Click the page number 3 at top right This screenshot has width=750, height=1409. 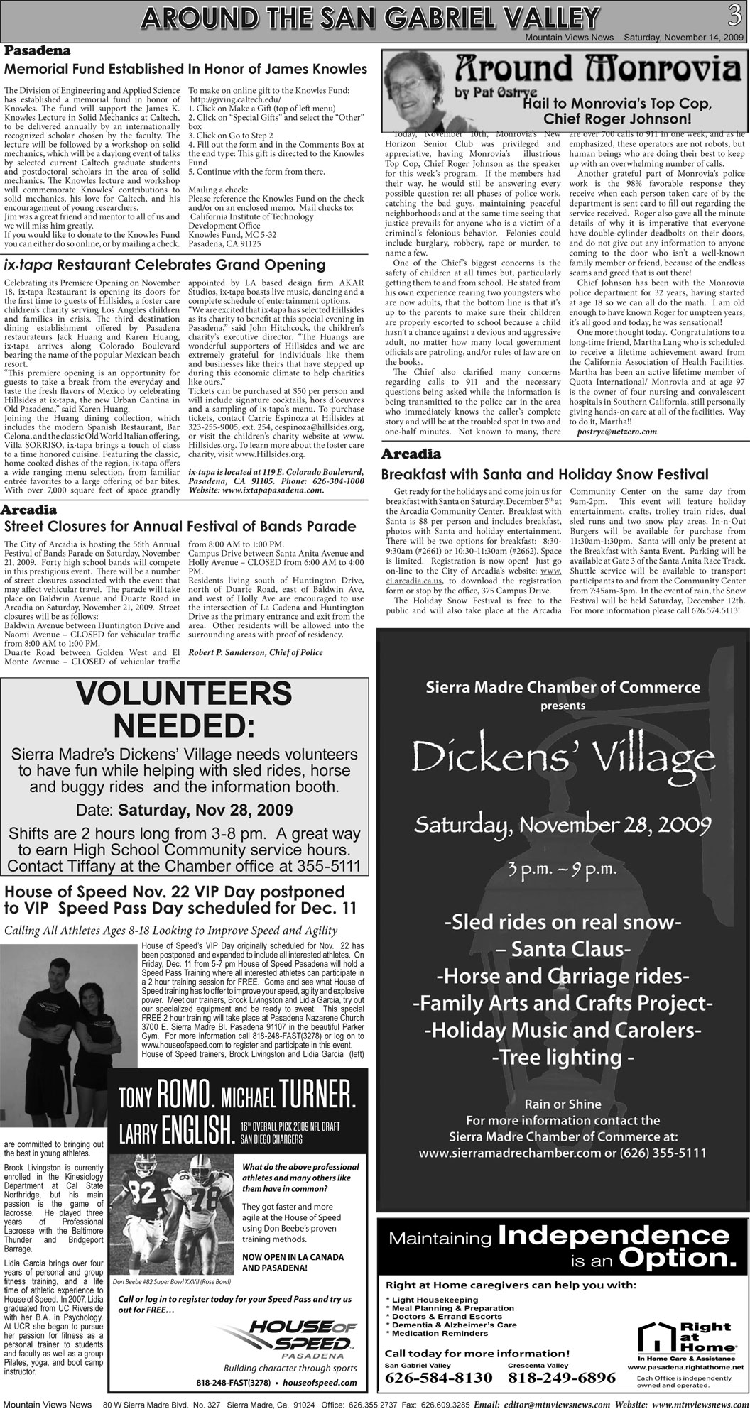click(734, 14)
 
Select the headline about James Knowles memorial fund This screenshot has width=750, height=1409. click(186, 70)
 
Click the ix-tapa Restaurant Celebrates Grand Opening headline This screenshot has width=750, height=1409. click(165, 265)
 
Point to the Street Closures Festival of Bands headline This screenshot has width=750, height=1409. click(180, 526)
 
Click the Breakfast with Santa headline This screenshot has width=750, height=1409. click(545, 473)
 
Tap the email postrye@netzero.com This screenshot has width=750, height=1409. click(616, 432)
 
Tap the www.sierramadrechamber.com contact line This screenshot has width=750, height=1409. click(562, 1153)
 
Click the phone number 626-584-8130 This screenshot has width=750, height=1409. click(438, 1377)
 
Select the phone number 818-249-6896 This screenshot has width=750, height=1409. click(561, 1377)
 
